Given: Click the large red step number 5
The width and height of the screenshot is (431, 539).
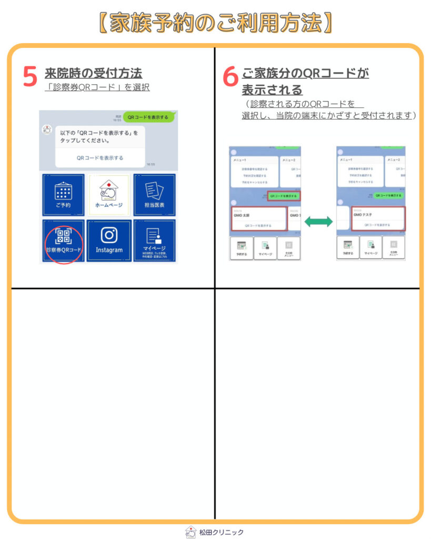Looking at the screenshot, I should [x=30, y=77].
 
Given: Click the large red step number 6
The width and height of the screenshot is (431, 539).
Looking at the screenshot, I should [x=230, y=77].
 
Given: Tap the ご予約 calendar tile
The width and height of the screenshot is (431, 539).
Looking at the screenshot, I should [x=63, y=195].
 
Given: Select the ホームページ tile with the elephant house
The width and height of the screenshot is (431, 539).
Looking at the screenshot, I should [x=108, y=195].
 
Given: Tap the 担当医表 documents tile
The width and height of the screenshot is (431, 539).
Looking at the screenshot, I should [x=154, y=195].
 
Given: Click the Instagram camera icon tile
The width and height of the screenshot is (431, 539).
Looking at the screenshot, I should [x=109, y=240].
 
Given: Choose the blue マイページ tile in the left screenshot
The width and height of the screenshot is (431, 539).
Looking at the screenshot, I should [x=154, y=240].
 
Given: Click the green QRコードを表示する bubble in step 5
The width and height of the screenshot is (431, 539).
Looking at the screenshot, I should [x=148, y=117].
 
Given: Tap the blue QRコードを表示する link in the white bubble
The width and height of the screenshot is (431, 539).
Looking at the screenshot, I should [x=100, y=158].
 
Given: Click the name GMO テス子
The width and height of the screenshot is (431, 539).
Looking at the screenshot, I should [x=363, y=215].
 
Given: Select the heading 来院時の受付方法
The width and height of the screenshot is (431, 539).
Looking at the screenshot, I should [x=93, y=73].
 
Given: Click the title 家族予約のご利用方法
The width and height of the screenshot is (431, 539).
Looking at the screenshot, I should [x=215, y=23].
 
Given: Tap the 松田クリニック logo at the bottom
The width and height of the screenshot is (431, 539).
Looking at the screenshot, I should [x=215, y=532].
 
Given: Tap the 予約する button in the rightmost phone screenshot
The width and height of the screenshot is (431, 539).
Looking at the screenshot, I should [x=348, y=248].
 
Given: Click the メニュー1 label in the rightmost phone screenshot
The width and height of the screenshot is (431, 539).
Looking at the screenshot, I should [x=346, y=159].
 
